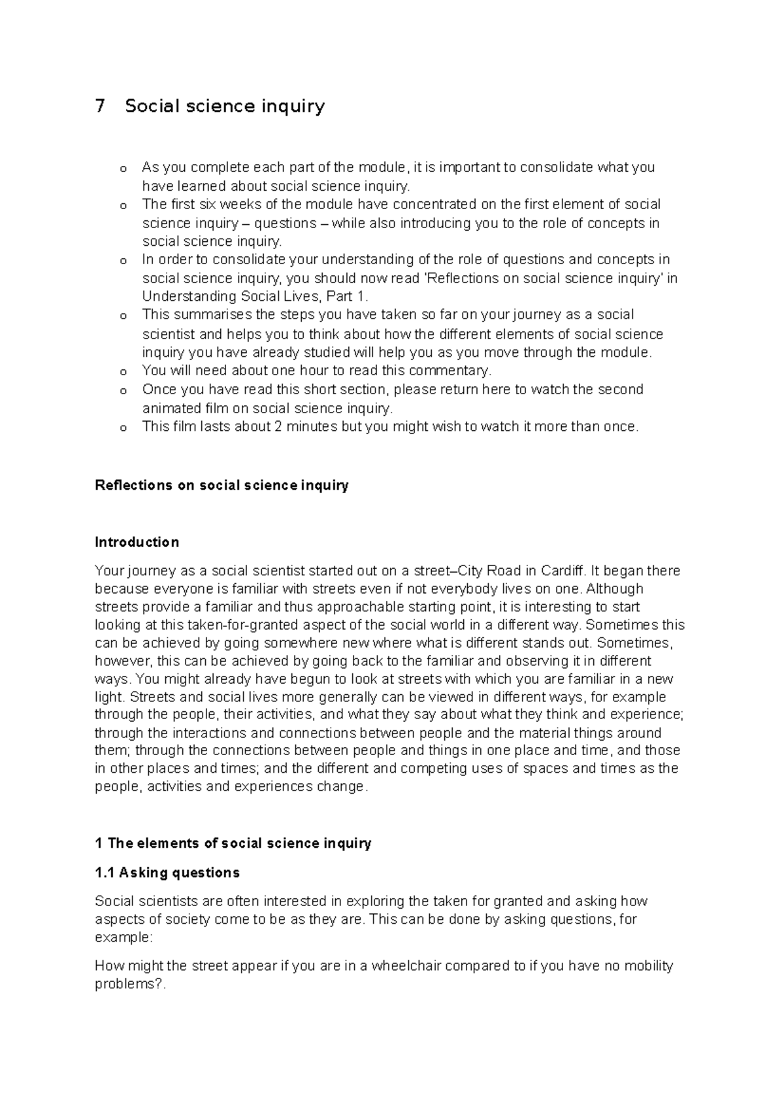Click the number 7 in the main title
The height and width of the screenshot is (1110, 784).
[99, 106]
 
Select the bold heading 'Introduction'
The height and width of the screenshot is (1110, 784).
[137, 542]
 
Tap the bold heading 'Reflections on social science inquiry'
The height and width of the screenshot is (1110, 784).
[221, 485]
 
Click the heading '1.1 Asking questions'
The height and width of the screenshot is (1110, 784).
[167, 873]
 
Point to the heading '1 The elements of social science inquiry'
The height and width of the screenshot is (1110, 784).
[233, 843]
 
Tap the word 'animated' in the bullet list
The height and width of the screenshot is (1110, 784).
[169, 409]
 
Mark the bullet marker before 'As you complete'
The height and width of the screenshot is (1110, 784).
[122, 169]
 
